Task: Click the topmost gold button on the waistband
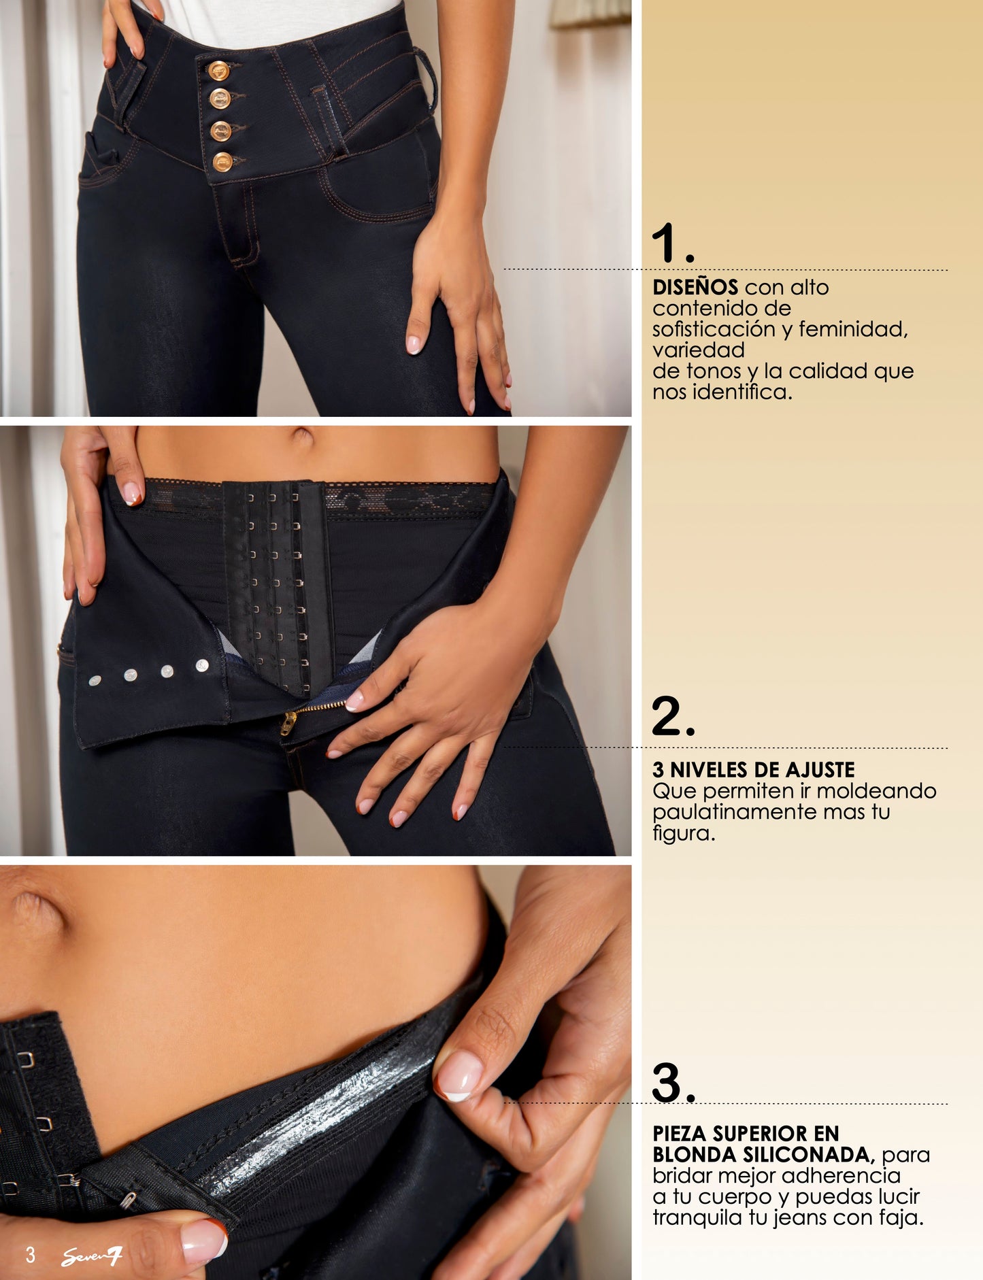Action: [x=218, y=70]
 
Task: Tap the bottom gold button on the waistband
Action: [x=222, y=162]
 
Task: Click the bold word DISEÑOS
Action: [x=695, y=287]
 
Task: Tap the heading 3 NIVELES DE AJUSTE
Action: [x=753, y=770]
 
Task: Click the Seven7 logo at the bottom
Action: [x=91, y=1257]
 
